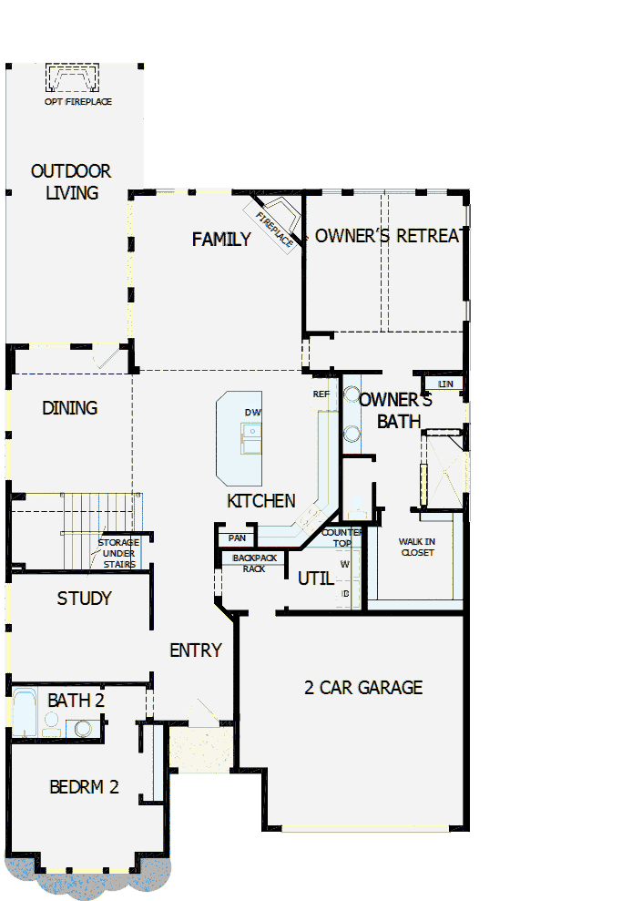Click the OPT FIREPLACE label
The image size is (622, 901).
tap(78, 102)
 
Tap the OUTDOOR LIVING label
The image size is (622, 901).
tap(71, 181)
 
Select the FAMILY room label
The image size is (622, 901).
tap(221, 240)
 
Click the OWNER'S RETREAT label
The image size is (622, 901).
tap(386, 236)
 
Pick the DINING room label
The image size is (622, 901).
tap(70, 408)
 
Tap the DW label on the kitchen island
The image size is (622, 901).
tap(252, 413)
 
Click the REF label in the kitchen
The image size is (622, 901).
tap(321, 394)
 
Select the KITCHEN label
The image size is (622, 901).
tap(261, 501)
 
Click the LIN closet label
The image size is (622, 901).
tap(445, 384)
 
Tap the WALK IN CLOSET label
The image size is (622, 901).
tap(417, 547)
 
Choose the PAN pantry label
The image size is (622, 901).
tap(238, 538)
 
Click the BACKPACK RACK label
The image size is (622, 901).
tap(254, 563)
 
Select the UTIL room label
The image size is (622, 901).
tap(315, 578)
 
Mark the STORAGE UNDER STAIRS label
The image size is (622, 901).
tap(118, 553)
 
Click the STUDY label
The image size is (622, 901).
tap(84, 599)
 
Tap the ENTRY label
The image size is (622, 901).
tap(196, 650)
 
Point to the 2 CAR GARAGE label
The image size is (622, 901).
tap(363, 687)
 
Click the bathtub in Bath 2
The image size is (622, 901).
tap(24, 713)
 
